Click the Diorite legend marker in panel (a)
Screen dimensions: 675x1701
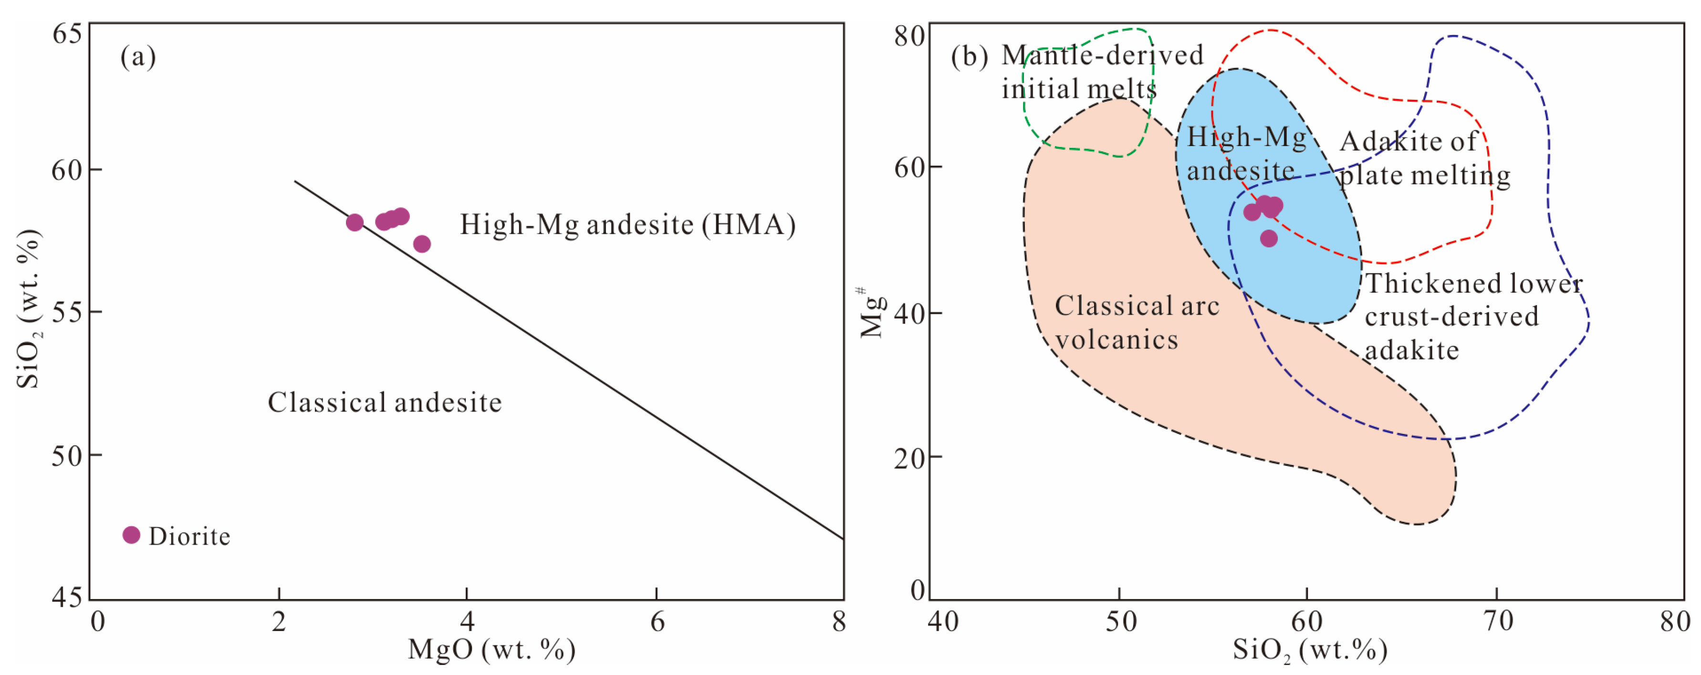point(131,535)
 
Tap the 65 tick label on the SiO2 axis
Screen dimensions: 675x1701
point(67,33)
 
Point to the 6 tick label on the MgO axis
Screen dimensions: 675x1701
point(657,622)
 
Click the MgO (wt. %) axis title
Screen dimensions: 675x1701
point(491,650)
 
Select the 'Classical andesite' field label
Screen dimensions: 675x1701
point(384,403)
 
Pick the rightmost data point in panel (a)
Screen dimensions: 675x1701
point(422,244)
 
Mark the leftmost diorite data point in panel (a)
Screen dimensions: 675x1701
point(355,222)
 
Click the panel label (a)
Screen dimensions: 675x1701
point(138,57)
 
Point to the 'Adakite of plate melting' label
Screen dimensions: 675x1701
point(1424,158)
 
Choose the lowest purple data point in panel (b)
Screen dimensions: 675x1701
point(1269,238)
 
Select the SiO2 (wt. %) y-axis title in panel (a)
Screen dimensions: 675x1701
point(29,309)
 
